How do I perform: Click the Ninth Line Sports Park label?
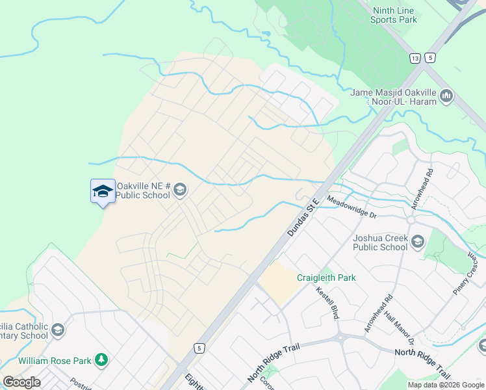point(394,15)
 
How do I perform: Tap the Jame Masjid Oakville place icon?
point(446,97)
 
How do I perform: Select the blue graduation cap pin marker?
point(103,191)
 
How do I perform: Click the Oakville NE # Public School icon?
point(180,190)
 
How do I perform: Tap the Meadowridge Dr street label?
point(352,207)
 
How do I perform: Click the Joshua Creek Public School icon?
point(417,242)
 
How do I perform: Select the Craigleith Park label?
point(326,278)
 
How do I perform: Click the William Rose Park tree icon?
point(101,359)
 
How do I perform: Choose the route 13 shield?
point(415,58)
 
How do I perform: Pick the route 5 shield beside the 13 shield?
point(429,58)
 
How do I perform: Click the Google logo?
point(21,382)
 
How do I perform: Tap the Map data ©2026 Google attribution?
point(445,385)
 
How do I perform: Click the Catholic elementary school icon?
point(58,330)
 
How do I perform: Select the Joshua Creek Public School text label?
point(380,242)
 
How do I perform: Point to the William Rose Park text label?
point(54,360)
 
